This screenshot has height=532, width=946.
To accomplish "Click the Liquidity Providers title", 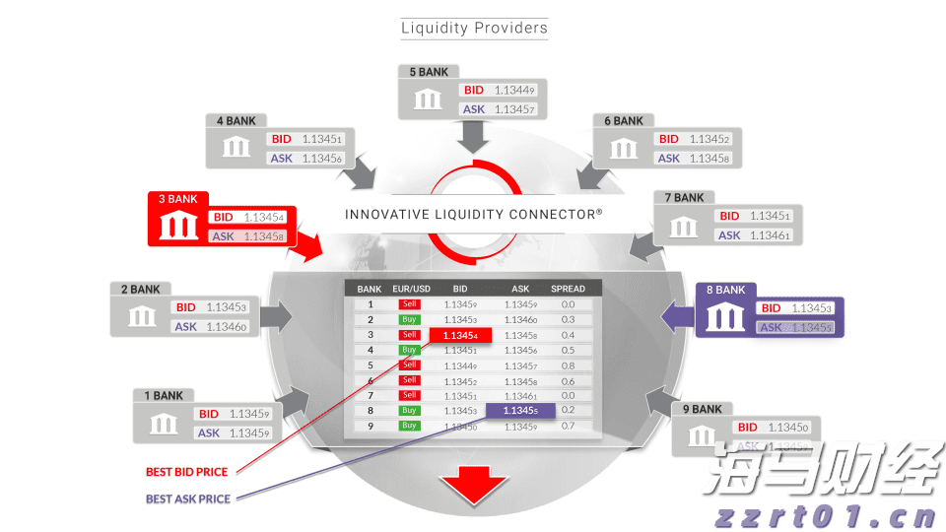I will pos(474,28).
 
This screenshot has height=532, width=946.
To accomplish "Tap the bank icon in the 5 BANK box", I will pos(428,100).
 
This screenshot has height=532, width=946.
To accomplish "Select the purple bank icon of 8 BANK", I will pos(724,317).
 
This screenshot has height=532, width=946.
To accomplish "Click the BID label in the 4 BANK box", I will pos(282,140).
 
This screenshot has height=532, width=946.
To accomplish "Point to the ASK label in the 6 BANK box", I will pos(669,158).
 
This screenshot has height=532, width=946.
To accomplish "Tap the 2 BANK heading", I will pos(140,290).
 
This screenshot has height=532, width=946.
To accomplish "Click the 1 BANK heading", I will pos(164,396).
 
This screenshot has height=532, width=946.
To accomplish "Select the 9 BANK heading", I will pos(702,409).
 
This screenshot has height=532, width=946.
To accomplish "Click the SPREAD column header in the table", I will pos(568,289).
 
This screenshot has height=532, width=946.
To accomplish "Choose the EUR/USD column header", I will pos(409,289).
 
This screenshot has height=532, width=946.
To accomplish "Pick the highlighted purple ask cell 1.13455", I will pos(519,410).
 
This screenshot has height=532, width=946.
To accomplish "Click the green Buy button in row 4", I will pos(409,350).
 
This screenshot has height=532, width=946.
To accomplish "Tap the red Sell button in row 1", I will pos(409,304).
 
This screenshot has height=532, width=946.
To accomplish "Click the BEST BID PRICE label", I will pos(186,472).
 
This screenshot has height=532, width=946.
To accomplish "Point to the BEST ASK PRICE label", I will pos(187,499).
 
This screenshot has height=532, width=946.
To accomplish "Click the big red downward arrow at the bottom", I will pos(473,488).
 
